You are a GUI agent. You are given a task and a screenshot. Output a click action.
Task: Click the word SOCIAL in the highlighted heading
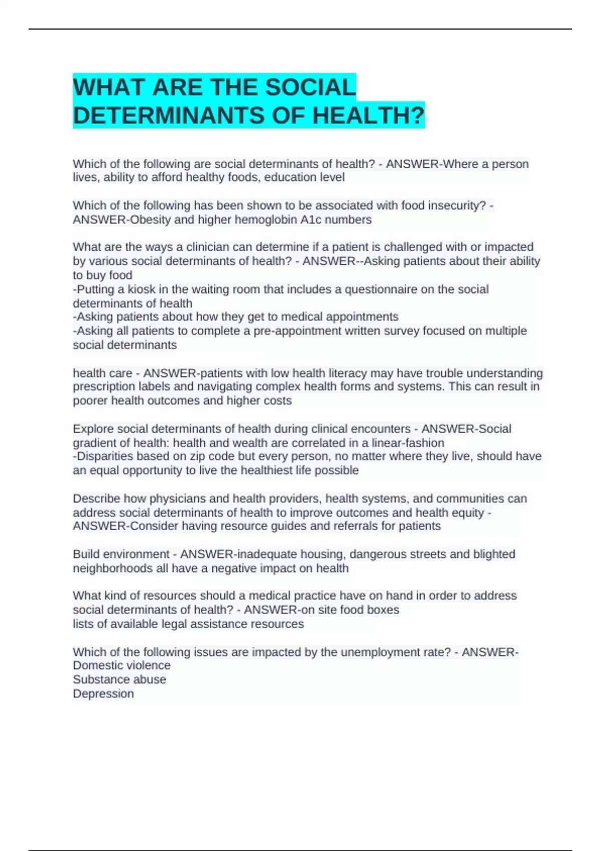click(x=310, y=88)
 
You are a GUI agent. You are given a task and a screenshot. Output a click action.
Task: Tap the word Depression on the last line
click(x=103, y=694)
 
